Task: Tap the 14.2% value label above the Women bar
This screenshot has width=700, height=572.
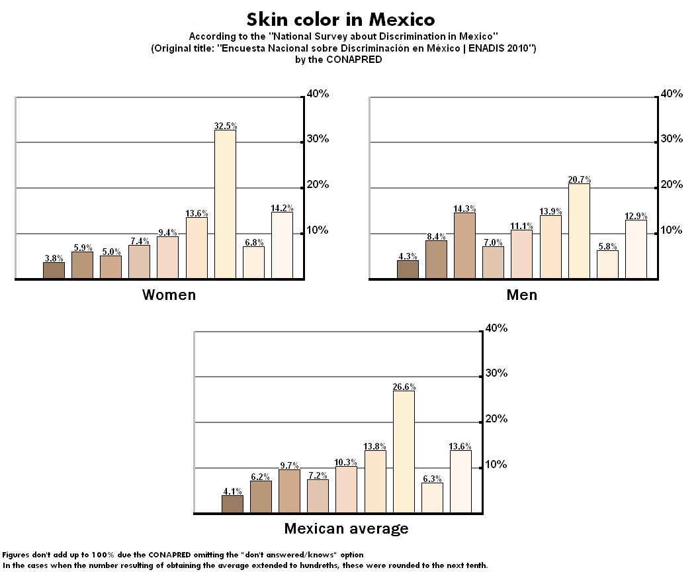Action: tap(282, 207)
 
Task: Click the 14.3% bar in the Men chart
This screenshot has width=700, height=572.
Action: tap(464, 245)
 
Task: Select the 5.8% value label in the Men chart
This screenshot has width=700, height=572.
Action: tap(607, 246)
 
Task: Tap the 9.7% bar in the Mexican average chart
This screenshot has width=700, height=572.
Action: tap(289, 491)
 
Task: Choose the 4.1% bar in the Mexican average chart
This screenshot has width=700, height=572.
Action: tap(232, 504)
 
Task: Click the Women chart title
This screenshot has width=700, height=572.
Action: tap(169, 295)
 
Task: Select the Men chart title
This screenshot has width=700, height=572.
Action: tap(521, 295)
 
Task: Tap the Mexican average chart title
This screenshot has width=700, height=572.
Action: tap(346, 528)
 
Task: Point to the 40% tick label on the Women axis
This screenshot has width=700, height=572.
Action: tap(319, 94)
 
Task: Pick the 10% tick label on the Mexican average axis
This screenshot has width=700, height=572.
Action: tap(496, 464)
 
